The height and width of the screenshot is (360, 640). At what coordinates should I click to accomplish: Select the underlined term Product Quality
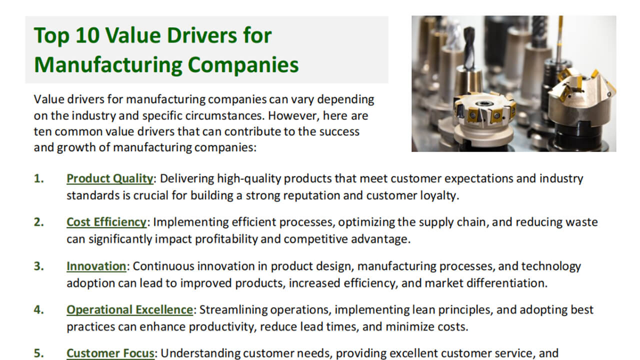click(x=110, y=178)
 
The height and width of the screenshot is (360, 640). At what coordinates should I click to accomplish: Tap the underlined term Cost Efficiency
click(x=106, y=222)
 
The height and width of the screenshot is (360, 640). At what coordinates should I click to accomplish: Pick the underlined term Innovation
click(x=96, y=266)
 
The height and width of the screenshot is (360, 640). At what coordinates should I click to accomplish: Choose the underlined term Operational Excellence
click(x=129, y=309)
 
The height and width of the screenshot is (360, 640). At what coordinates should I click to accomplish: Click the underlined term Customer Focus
click(x=110, y=353)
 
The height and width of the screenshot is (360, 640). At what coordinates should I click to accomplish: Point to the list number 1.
click(x=38, y=178)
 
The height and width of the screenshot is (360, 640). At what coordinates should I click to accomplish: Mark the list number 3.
click(x=38, y=266)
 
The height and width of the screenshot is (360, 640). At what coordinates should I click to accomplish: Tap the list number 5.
click(x=38, y=353)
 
